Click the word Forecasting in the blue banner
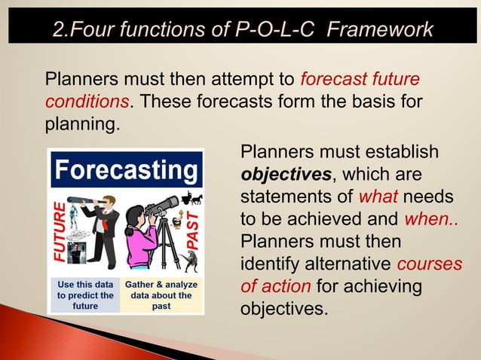point(126,171)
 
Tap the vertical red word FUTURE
point(59,232)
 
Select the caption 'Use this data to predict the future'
point(85,295)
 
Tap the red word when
point(428,219)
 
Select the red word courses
point(427,264)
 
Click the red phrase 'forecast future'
point(360,79)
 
